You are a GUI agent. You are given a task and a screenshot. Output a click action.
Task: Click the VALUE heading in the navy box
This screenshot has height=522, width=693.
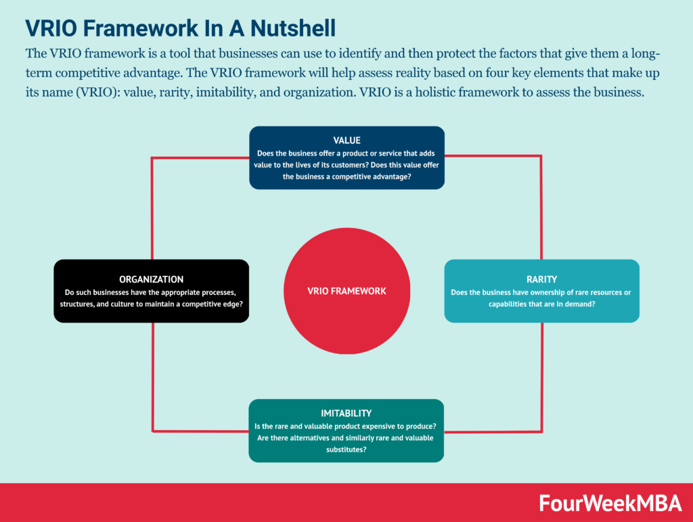347,141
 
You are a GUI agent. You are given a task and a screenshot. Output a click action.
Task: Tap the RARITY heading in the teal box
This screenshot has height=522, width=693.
542,279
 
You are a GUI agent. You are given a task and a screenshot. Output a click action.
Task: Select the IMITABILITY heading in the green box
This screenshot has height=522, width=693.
346,413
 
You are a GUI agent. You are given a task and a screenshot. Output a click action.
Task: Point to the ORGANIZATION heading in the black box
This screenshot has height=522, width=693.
151,279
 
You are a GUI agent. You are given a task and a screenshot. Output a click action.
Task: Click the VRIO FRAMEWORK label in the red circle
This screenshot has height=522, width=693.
346,291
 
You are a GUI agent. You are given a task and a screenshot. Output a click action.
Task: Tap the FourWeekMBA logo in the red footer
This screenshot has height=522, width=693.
610,504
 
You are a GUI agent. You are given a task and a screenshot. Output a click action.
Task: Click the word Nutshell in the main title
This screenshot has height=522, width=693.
293,28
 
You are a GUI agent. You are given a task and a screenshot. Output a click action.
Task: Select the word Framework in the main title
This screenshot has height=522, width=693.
141,28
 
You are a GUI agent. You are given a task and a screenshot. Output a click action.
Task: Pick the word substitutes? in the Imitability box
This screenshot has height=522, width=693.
346,450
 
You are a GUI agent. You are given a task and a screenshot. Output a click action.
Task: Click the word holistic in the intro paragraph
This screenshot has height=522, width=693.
435,92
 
